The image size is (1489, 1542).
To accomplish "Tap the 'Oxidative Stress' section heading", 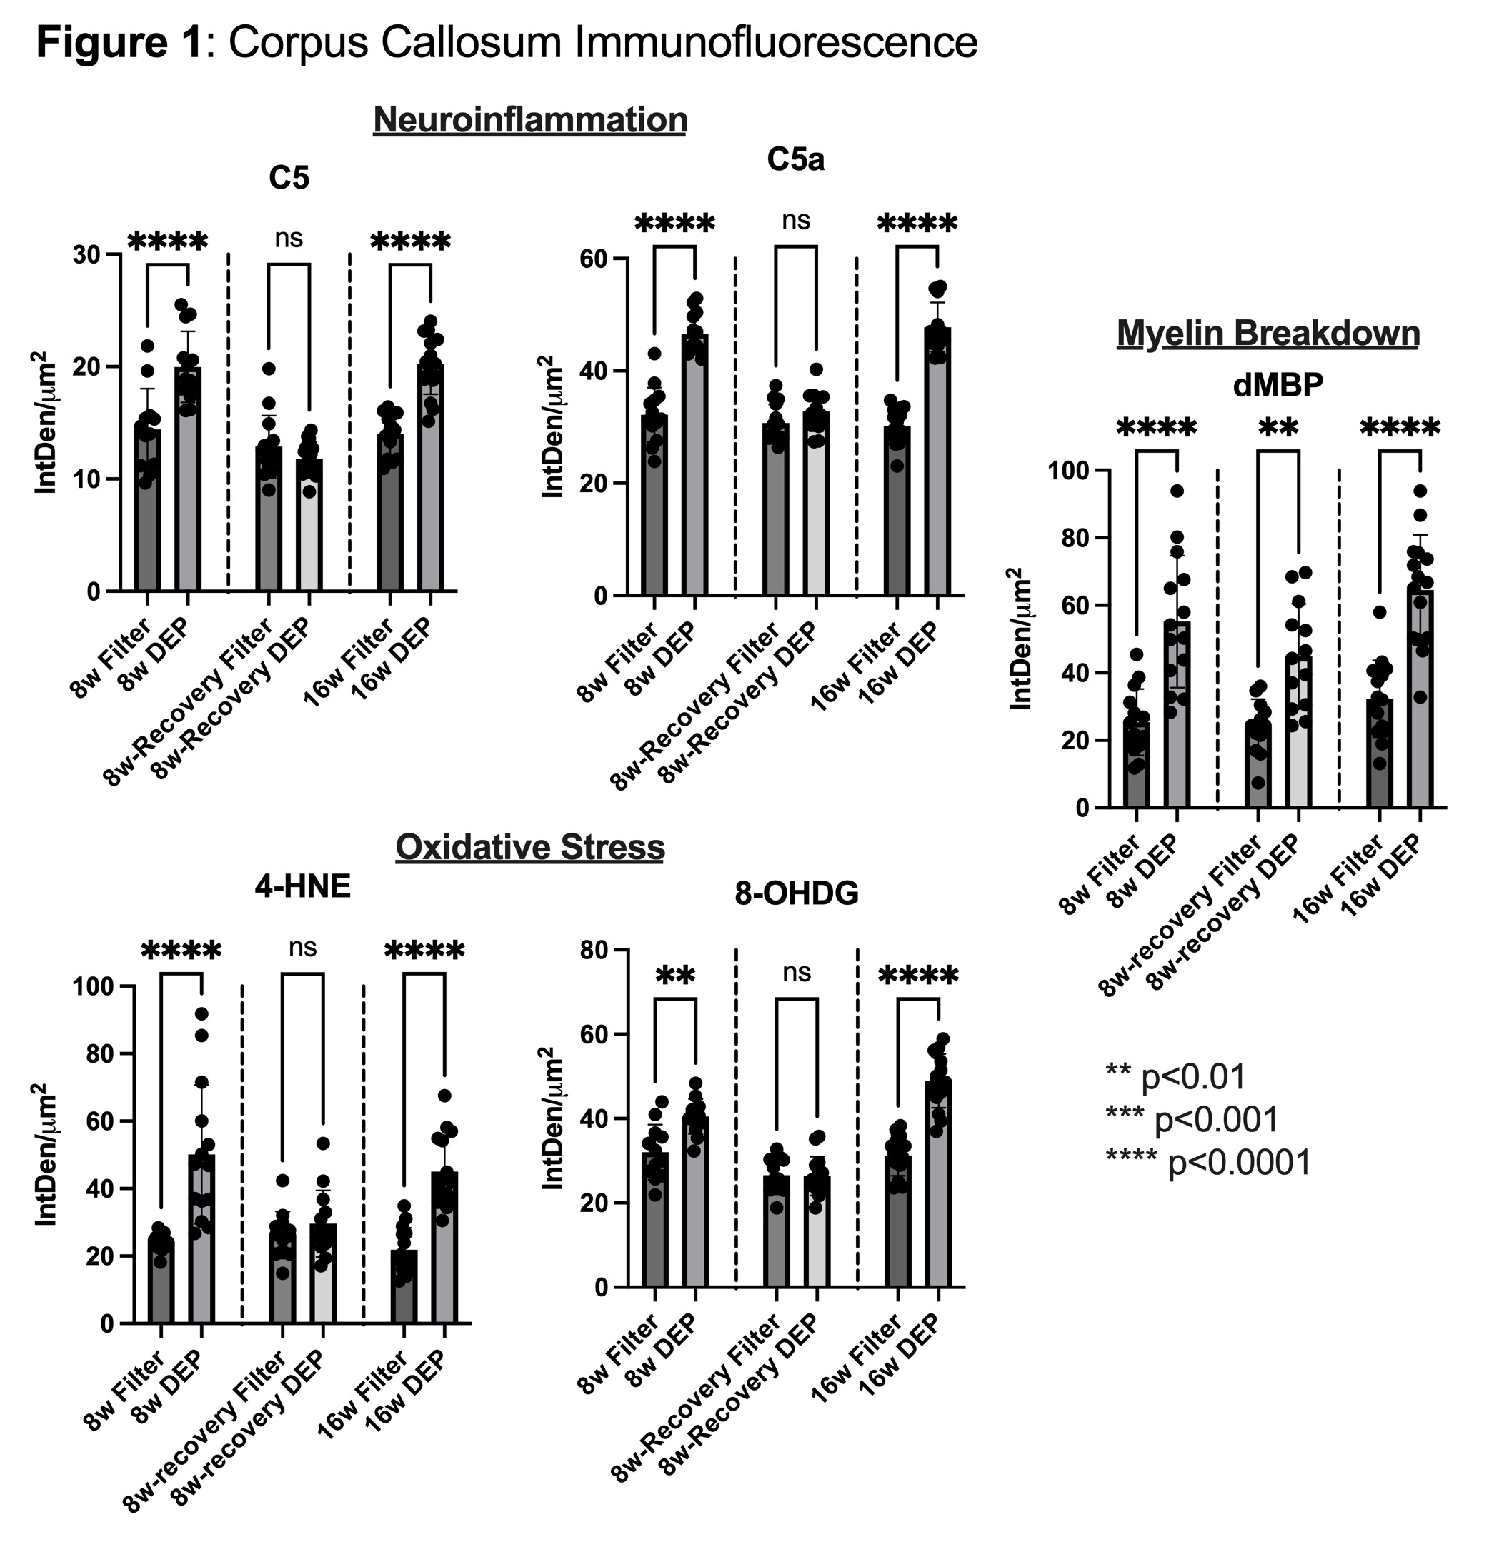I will point(529,847).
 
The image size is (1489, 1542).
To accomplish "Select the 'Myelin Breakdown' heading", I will point(1268,334).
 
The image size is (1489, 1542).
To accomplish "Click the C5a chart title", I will point(796,160).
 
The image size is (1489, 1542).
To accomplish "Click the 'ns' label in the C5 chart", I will point(289,238).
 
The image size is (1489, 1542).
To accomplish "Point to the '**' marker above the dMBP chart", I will point(1278,429).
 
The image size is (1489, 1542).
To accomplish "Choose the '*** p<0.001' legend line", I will point(1192,1119).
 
